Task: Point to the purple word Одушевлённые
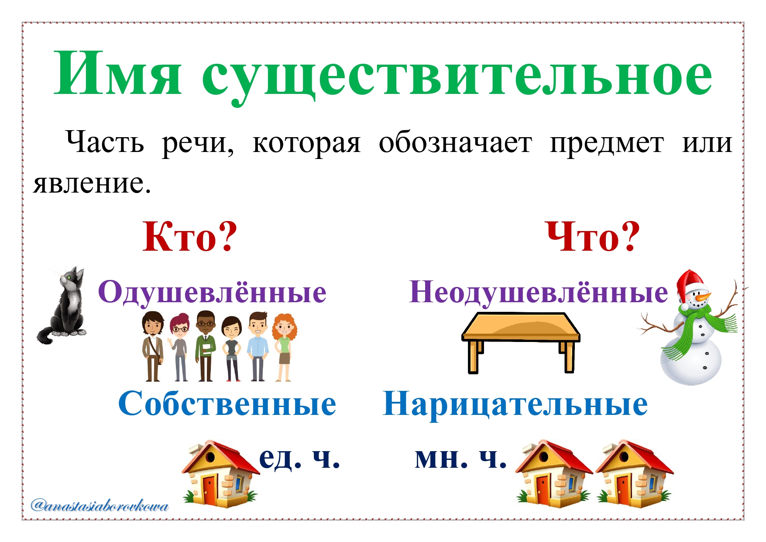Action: [212, 291]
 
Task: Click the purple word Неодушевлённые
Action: [539, 291]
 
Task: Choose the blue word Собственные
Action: [227, 404]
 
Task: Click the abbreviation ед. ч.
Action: [299, 458]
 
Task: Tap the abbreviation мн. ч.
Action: [460, 458]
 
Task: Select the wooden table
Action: [521, 342]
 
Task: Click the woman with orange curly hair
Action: [284, 347]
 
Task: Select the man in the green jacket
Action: [205, 345]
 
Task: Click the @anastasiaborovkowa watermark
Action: [100, 506]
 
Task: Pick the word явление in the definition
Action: [92, 184]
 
